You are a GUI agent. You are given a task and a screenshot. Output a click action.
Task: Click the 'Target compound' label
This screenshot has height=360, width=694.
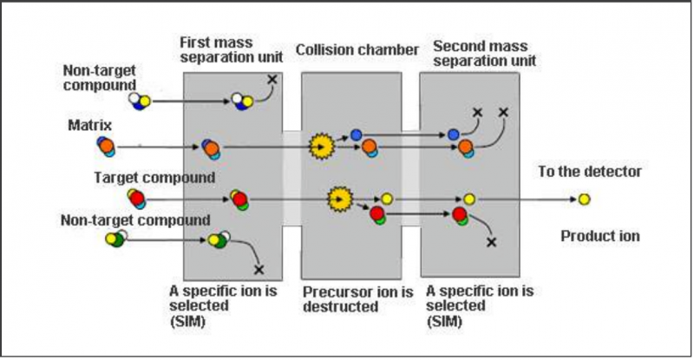point(154,178)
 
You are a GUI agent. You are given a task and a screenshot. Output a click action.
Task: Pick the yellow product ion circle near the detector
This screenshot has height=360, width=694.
point(585,200)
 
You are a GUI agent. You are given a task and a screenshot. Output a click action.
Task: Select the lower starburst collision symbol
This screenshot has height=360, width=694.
point(339,200)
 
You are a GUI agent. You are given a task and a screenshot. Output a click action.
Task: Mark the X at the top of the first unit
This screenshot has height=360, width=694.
point(272,80)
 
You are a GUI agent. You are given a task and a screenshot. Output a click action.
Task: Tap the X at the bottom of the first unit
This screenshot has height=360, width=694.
point(258,269)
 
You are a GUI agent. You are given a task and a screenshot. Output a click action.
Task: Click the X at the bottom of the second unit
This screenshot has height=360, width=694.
point(491,242)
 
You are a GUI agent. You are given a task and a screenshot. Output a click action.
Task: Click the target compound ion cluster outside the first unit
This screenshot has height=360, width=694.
point(137,200)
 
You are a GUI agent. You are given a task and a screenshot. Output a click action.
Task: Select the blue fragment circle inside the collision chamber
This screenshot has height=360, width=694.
point(356,134)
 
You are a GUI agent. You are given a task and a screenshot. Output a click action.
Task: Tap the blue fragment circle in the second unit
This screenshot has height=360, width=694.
point(453,134)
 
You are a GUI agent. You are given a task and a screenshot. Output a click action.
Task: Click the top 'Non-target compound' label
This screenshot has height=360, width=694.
point(101,75)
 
